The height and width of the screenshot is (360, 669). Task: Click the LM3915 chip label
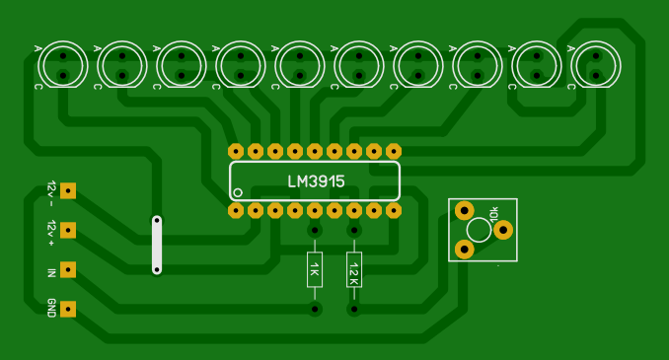(x=316, y=181)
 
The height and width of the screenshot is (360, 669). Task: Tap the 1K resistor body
(x=315, y=269)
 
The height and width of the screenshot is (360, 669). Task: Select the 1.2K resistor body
(x=354, y=269)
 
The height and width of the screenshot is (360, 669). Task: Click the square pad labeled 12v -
(x=68, y=191)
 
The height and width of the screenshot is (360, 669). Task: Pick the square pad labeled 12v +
(x=68, y=231)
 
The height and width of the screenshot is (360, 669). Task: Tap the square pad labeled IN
(x=68, y=269)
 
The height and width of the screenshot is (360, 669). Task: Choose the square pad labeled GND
(x=68, y=310)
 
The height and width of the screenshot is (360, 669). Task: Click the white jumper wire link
(x=157, y=245)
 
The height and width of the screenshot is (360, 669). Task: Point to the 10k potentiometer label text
(x=494, y=214)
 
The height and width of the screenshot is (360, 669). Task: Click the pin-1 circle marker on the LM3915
(x=238, y=192)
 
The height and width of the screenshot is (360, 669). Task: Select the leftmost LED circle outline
(x=38, y=65)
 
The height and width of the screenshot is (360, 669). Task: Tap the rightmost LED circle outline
(x=571, y=65)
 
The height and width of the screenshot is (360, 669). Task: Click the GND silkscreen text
(x=51, y=308)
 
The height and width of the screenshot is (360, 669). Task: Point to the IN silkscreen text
(x=51, y=272)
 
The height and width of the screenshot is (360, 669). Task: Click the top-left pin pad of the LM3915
(x=236, y=152)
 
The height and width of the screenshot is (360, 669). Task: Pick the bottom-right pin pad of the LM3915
(x=394, y=210)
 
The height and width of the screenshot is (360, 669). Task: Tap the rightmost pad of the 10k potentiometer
(x=503, y=230)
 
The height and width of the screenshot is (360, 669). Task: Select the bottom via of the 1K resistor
(x=315, y=309)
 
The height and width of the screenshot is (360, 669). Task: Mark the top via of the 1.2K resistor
(x=354, y=231)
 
